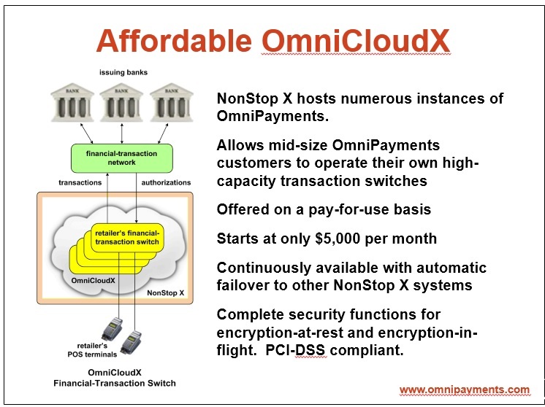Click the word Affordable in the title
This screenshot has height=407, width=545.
point(174,40)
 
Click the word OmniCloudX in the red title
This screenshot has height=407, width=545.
point(356,40)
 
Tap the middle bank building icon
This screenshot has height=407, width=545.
point(121,102)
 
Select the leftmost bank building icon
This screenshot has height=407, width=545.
point(72,102)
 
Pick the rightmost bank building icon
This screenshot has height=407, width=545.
point(172,102)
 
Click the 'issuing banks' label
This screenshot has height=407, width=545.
point(123,72)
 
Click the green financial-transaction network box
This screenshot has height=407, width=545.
point(122,158)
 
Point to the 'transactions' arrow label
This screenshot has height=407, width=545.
point(80,182)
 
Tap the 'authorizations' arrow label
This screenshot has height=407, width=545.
point(166,182)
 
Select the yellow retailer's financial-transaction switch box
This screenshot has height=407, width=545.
point(127,238)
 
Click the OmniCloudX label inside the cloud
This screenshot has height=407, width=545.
point(94,280)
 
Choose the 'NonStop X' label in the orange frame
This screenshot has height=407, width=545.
point(165,292)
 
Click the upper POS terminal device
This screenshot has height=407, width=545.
point(112,328)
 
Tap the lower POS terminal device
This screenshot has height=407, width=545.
point(131,342)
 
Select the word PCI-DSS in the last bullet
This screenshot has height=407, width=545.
point(296,350)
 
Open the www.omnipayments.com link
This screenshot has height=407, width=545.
point(465,389)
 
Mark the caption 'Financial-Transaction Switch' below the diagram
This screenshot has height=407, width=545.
point(115,384)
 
